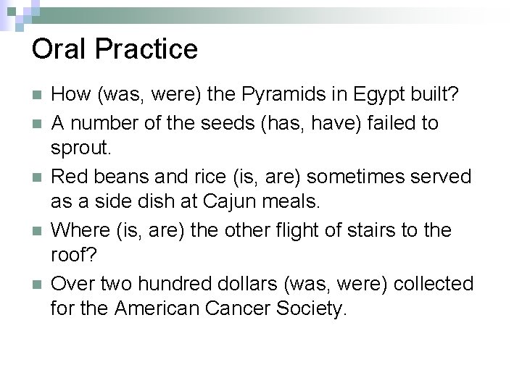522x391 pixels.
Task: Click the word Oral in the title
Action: coord(59,49)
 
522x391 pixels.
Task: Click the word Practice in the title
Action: coord(146,49)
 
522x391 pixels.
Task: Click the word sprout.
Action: coord(80,150)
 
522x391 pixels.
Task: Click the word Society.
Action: coord(309,311)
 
